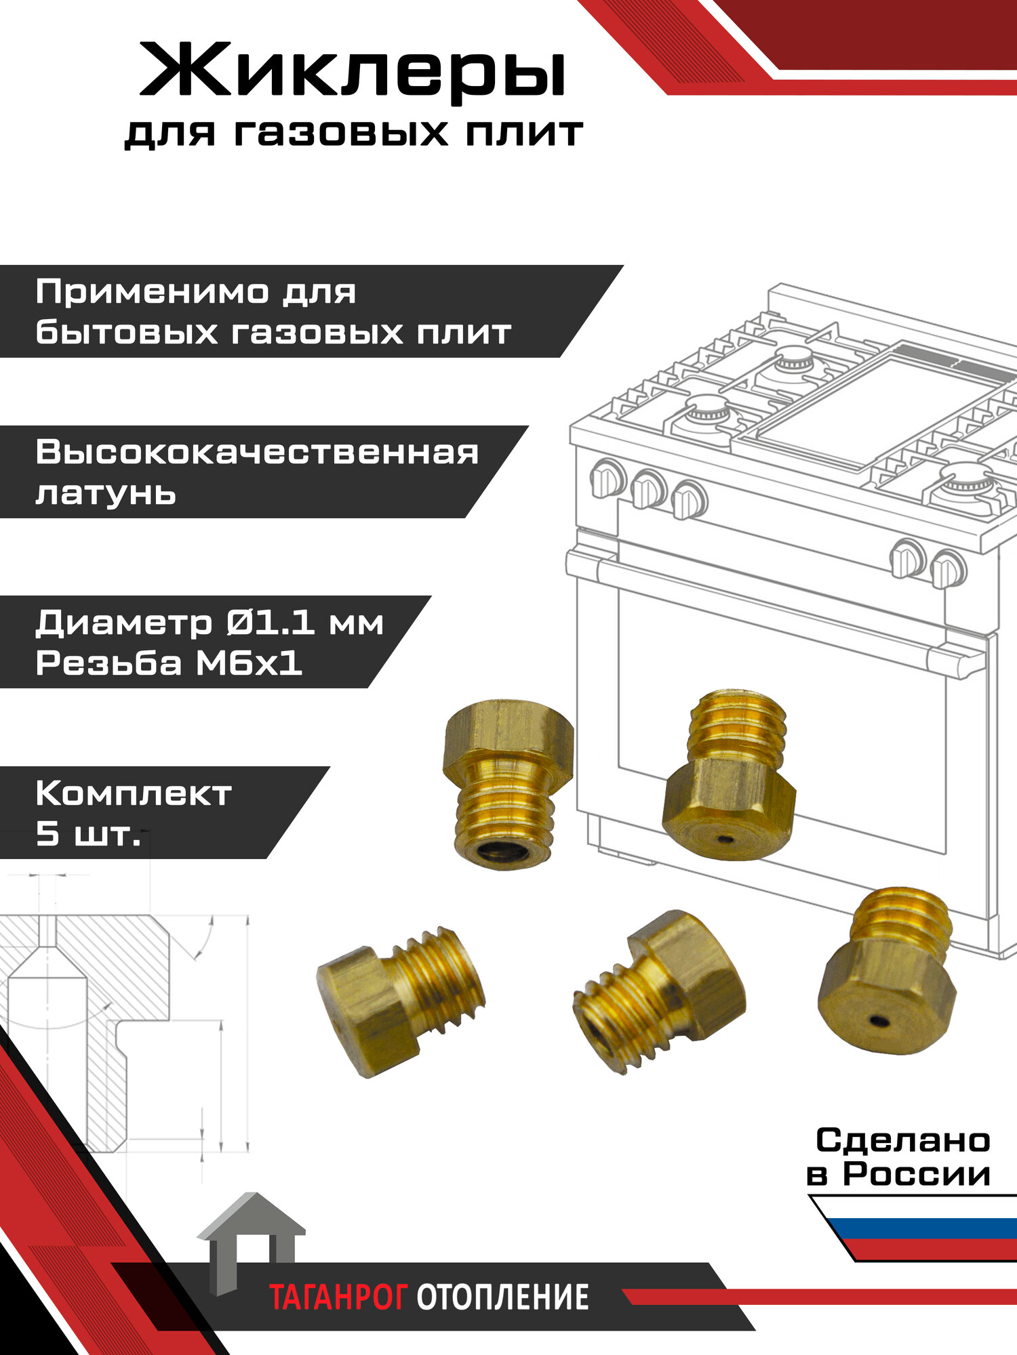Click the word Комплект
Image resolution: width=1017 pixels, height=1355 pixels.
[134, 793]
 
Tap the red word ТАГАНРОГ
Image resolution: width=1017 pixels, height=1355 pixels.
[338, 1297]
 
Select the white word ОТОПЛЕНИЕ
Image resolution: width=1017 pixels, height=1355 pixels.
[502, 1297]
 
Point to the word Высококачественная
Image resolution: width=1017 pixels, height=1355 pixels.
[257, 452]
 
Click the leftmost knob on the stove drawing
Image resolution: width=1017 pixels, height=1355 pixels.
[607, 478]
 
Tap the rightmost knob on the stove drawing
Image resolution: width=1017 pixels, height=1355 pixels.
[947, 568]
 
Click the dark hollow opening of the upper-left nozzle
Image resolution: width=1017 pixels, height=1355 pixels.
[503, 852]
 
